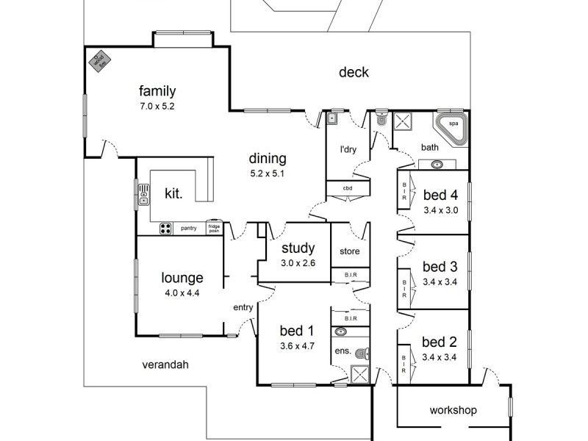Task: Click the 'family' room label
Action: coord(157,91)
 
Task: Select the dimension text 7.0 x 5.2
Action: coord(157,106)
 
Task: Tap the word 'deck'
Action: coord(354,72)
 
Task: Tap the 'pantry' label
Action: coord(189,229)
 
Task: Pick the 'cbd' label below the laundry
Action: coord(347,188)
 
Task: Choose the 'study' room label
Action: coord(298,248)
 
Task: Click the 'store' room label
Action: coord(349,251)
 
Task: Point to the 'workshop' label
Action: coord(453,409)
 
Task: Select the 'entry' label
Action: coord(243,307)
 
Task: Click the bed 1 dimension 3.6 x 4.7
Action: coord(297,345)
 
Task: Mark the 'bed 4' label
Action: coord(441,196)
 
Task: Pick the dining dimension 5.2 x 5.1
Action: coord(267,173)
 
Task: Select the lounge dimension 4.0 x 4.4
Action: coord(182,293)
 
